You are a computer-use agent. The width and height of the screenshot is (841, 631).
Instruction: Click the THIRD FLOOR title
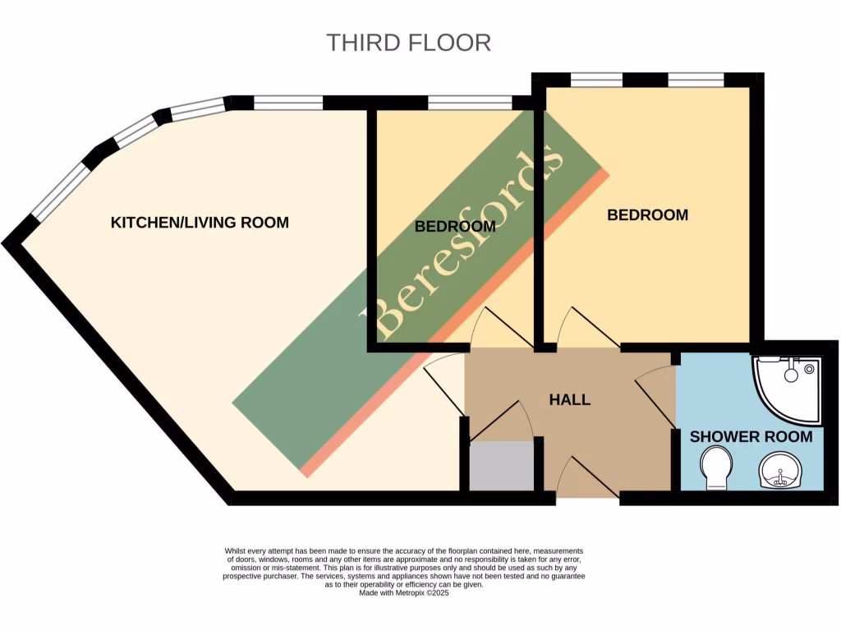tap(408, 43)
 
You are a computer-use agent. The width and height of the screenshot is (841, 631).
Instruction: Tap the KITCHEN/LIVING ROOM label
tap(200, 222)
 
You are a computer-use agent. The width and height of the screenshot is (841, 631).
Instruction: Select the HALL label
tap(569, 399)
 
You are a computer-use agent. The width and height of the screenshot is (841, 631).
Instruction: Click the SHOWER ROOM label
tap(751, 436)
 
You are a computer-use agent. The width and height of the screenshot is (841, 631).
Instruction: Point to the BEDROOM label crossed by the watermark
tap(454, 226)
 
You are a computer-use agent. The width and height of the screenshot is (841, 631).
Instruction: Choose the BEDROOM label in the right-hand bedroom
tap(647, 215)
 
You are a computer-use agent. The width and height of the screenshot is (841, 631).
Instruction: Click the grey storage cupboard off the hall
tap(501, 466)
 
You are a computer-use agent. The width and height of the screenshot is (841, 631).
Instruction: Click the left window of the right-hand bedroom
tap(596, 80)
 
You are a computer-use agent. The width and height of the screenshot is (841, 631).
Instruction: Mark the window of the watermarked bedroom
tap(470, 103)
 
